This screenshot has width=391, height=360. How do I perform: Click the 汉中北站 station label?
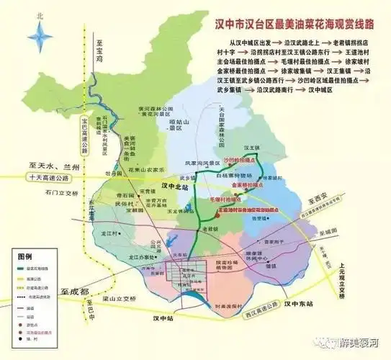[x=174, y=186]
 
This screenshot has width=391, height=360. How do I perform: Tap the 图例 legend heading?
[x=26, y=256]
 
